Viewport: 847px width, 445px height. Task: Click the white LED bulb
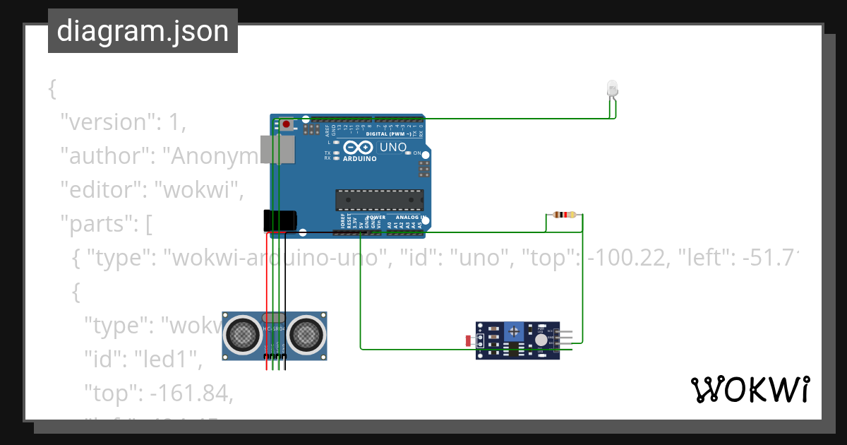coord(612,89)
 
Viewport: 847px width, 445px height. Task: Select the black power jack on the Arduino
coord(278,220)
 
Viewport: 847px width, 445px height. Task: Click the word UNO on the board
coord(393,148)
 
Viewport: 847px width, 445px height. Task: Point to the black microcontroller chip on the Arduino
coord(379,200)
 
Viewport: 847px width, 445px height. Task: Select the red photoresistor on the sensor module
coord(469,341)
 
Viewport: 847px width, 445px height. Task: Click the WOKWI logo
coord(750,389)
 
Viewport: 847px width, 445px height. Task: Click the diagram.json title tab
coord(143,31)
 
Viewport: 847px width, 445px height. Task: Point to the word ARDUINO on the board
coord(359,159)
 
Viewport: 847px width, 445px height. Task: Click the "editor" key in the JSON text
coord(103,190)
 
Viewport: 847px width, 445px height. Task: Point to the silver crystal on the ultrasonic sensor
coord(274,318)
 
